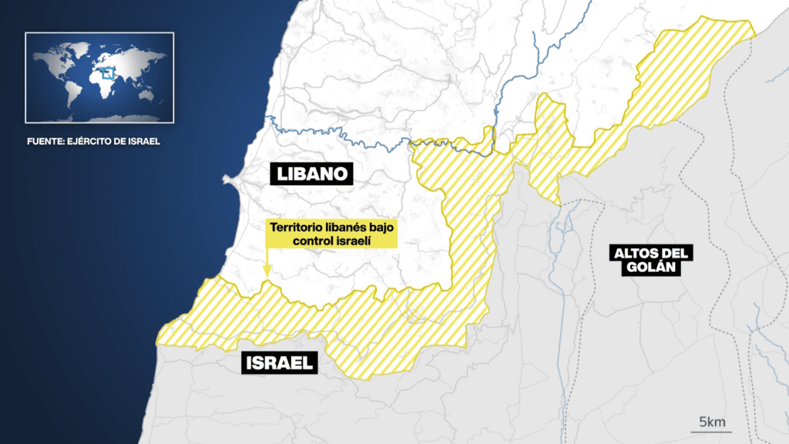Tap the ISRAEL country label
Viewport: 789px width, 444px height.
coord(280,362)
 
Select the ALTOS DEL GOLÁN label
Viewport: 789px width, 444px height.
coord(650,260)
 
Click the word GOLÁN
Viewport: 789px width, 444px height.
coord(650,267)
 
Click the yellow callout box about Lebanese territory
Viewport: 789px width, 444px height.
coord(331,234)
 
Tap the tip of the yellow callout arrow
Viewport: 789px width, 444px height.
coord(266,276)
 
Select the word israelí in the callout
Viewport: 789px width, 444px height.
coord(353,240)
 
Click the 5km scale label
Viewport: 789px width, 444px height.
coord(711,421)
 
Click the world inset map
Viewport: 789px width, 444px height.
coord(99,77)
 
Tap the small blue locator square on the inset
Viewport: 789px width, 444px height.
coord(108,74)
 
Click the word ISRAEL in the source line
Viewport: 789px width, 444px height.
coord(143,142)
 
